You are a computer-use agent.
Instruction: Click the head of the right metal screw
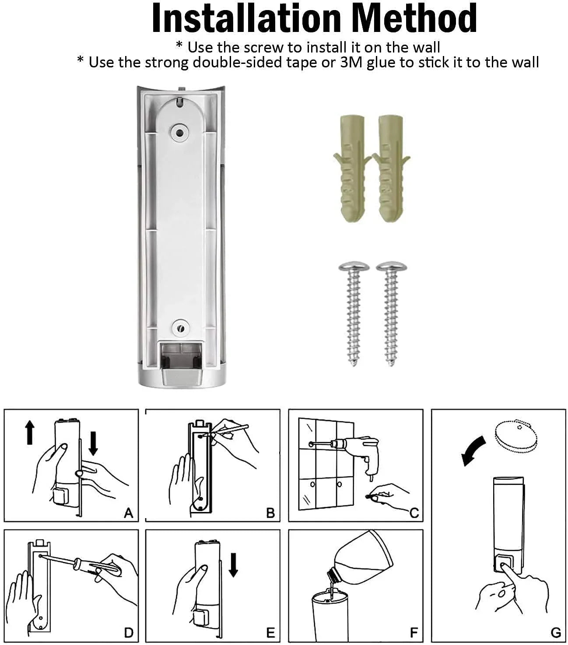[x=392, y=267]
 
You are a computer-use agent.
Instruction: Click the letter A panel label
[x=128, y=512]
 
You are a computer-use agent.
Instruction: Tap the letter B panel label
[x=270, y=513]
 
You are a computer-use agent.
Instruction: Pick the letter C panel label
[x=414, y=513]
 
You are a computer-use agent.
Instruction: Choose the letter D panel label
[x=128, y=633]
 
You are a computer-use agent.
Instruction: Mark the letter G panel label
[x=555, y=633]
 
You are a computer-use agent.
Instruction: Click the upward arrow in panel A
[x=30, y=432]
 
